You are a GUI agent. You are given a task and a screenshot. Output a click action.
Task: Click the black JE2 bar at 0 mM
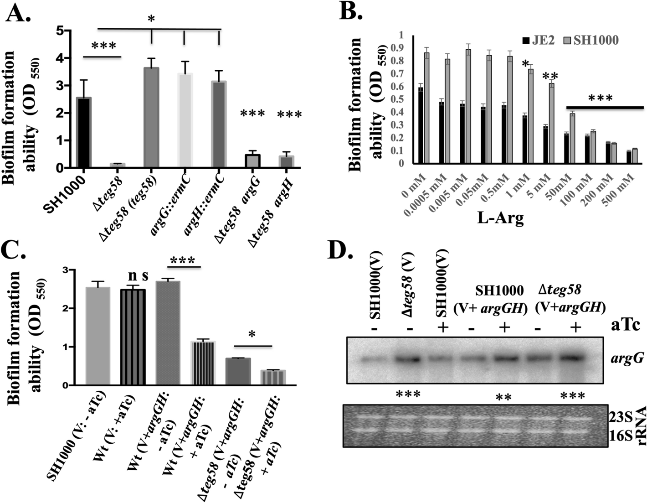421,125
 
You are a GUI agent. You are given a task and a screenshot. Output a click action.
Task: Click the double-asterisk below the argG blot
503,396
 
